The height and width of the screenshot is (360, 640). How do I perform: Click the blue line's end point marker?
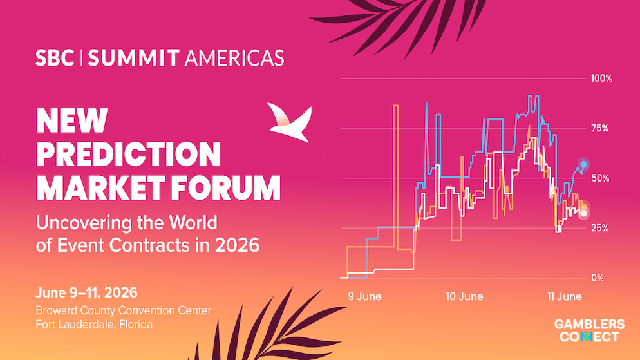(x=584, y=165)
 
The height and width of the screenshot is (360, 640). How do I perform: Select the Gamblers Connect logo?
(x=589, y=330)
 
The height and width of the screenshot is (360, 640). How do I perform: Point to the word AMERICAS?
(x=234, y=59)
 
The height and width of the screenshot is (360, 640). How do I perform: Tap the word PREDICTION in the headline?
(x=128, y=153)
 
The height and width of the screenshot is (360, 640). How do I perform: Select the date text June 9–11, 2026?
(x=86, y=292)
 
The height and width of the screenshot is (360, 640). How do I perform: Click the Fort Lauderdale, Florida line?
(x=94, y=325)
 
